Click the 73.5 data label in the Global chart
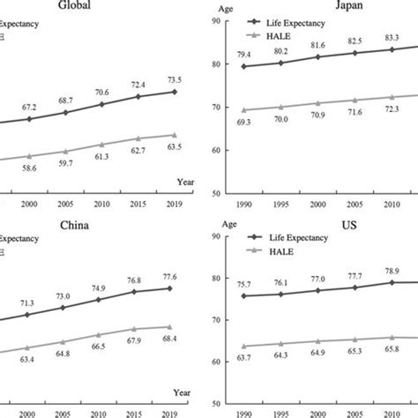tap(176, 78)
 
